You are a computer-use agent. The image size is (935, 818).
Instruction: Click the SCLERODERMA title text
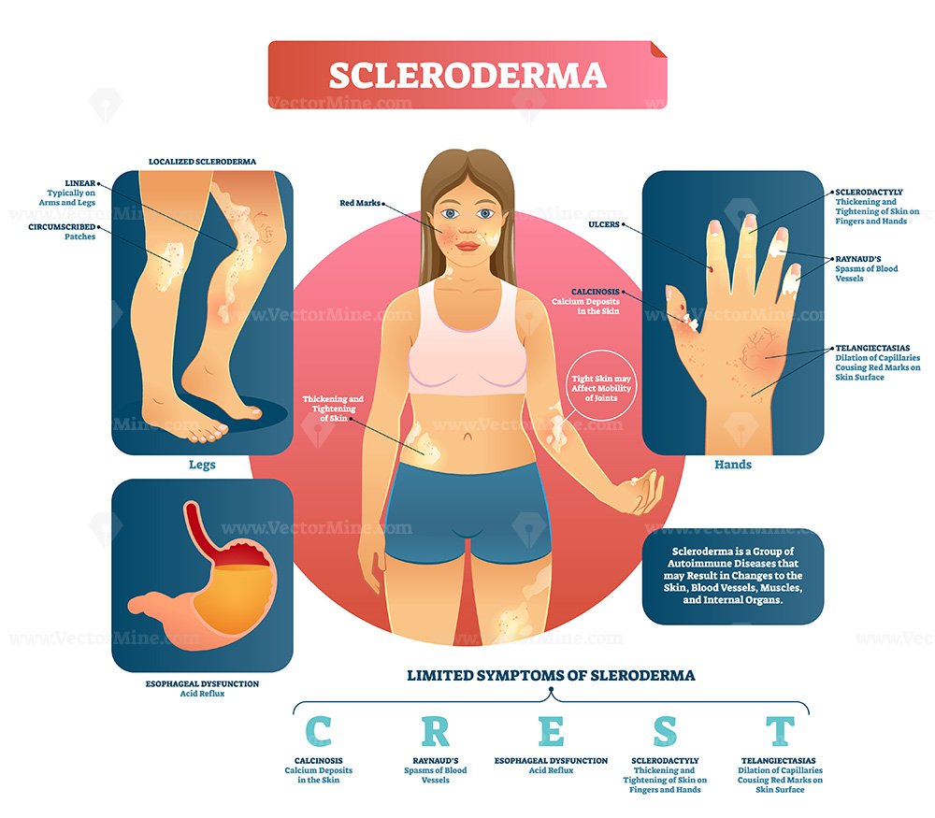tap(467, 75)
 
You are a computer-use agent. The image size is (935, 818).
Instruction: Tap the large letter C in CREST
tap(319, 731)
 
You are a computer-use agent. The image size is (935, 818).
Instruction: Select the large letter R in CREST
tap(436, 731)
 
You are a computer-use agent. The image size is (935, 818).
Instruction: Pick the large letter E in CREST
tap(551, 731)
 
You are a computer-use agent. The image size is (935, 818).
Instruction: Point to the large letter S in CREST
tap(665, 731)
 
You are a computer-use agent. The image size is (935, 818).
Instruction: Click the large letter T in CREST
tap(780, 731)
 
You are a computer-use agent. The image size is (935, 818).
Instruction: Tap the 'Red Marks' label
tap(360, 203)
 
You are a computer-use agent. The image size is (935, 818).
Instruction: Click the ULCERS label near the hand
tap(604, 224)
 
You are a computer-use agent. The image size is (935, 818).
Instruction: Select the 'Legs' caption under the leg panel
tap(202, 465)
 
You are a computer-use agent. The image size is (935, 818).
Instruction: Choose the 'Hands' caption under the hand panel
tap(733, 465)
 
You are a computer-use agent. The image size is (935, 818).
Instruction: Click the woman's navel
tap(468, 437)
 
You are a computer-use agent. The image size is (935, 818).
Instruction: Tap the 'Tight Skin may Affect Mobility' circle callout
tap(601, 388)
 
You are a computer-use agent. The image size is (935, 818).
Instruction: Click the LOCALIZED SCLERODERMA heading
tap(202, 162)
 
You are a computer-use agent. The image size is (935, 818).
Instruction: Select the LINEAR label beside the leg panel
tap(79, 183)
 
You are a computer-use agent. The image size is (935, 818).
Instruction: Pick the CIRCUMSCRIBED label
tap(62, 227)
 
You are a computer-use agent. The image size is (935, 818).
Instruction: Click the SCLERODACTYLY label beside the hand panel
tap(869, 192)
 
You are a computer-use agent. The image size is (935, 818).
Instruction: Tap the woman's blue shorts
tap(466, 512)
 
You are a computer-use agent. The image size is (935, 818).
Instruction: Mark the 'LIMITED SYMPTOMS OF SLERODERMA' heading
tap(551, 676)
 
